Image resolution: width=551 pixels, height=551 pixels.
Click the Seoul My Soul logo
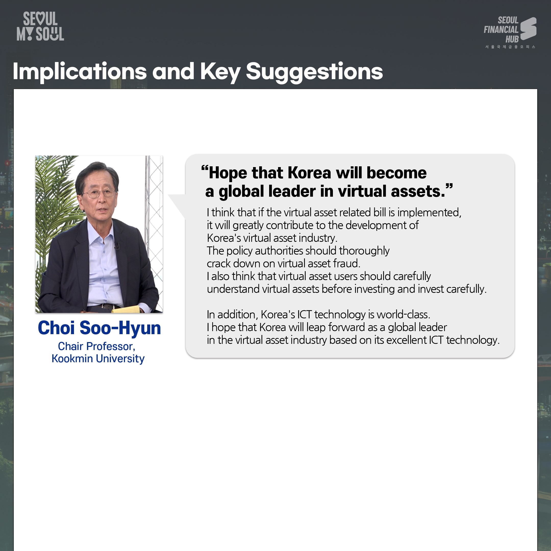[40, 26]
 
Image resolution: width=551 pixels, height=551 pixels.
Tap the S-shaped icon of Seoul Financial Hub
[528, 29]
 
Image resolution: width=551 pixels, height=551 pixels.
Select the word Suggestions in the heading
[314, 72]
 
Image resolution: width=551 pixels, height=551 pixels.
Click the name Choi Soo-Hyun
[99, 328]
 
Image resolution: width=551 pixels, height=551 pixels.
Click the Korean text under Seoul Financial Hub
[510, 47]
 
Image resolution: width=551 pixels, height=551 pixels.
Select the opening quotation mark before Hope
[205, 168]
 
